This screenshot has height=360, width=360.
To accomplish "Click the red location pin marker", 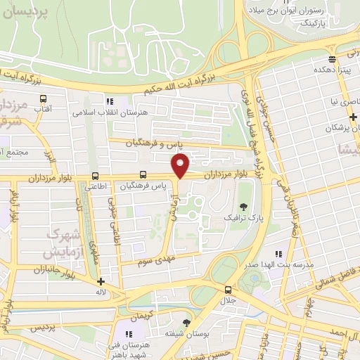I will pos(181,166).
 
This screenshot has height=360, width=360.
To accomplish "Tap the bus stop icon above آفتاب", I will pos(44,99).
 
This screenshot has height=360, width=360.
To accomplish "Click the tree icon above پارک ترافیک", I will pos(243,206).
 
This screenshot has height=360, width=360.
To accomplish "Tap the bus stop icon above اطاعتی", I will pos(94,176).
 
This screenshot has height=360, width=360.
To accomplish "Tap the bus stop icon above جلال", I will pos(226,289).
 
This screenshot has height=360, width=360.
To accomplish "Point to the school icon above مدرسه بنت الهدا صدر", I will pos(279,254).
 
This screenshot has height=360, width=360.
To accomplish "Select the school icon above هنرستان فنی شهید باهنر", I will pos(129,333).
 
